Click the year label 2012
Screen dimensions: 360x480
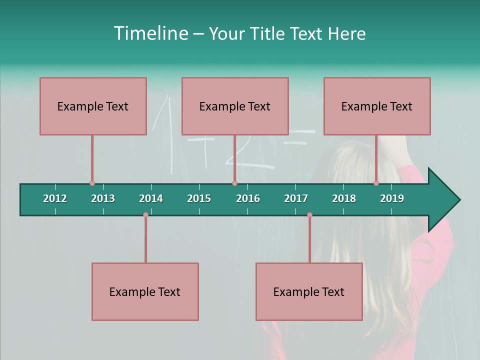[55, 198]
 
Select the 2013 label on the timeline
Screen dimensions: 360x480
[103, 198]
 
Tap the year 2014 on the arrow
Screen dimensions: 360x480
[151, 198]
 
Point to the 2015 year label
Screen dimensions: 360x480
[199, 198]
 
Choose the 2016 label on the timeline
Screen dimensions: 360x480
[248, 198]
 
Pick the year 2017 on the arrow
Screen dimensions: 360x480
[296, 198]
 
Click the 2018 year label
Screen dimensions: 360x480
[344, 198]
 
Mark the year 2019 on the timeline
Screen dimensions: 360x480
[392, 198]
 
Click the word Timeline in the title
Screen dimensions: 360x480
[150, 33]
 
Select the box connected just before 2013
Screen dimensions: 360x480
[93, 106]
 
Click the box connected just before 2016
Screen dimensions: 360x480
[235, 106]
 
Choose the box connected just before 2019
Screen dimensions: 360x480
[377, 106]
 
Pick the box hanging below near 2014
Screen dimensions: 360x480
[145, 291]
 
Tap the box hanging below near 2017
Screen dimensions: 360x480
[309, 291]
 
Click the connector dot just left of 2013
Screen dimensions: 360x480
[92, 183]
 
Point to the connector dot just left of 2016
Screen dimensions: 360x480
[234, 183]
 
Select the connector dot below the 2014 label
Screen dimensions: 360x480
[145, 215]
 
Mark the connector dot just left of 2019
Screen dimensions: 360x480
[376, 183]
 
